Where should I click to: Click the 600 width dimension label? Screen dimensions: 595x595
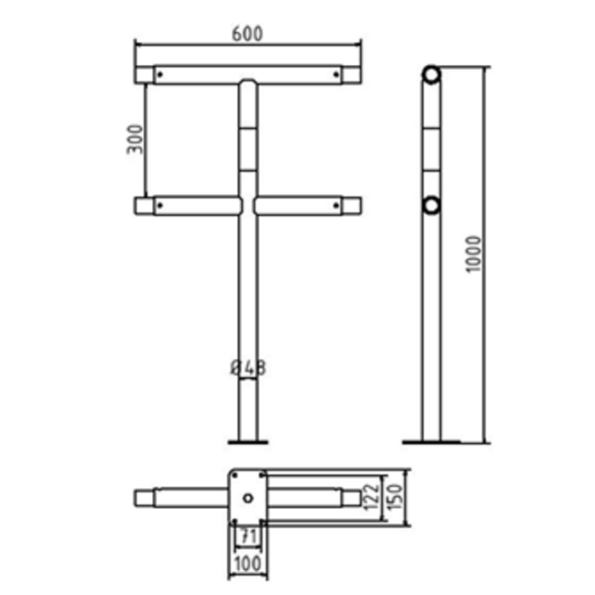tap(247, 33)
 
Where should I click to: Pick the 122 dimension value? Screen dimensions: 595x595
tap(372, 498)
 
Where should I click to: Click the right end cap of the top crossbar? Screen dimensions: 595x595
tap(351, 74)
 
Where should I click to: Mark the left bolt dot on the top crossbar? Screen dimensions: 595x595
tap(160, 74)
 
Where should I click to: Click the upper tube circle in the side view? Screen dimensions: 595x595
tap(431, 74)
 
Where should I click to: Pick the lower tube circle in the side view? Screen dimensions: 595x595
tap(431, 205)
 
